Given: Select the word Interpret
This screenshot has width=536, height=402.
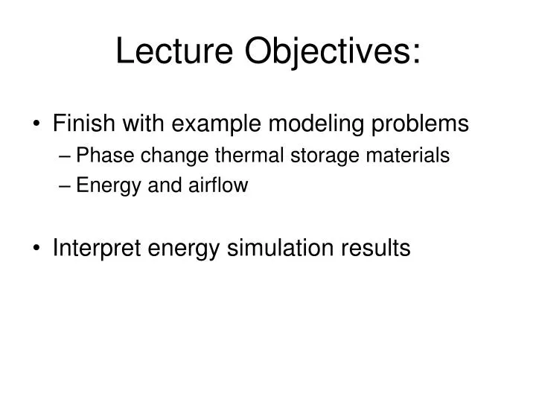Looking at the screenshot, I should point(93,249).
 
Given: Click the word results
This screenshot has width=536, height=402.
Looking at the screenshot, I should point(376,248).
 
